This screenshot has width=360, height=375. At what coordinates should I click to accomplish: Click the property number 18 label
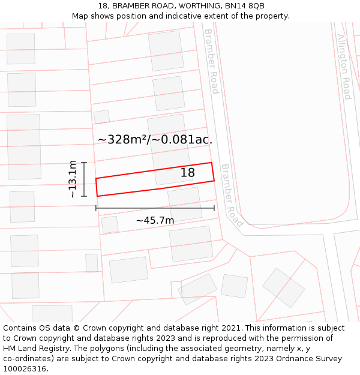188,173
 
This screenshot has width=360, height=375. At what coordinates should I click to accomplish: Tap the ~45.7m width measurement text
155,220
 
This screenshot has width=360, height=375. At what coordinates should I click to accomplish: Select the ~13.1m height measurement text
73,179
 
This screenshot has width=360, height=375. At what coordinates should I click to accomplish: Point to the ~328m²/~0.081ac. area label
155,140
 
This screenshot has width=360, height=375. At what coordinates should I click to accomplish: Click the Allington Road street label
344,67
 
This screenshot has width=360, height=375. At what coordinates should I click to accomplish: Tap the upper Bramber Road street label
211,61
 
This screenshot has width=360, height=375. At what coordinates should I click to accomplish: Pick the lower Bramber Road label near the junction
232,196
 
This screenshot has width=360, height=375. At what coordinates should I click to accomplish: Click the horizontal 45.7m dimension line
155,208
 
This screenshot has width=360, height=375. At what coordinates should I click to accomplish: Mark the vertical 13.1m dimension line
84,179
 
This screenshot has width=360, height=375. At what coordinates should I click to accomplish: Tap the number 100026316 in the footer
25,368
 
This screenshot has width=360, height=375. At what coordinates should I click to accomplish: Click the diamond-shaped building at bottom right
284,287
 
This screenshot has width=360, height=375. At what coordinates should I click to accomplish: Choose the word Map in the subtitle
81,16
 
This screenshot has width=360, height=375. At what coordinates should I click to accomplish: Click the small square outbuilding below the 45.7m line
110,224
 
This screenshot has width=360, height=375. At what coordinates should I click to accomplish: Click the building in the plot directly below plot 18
185,204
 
